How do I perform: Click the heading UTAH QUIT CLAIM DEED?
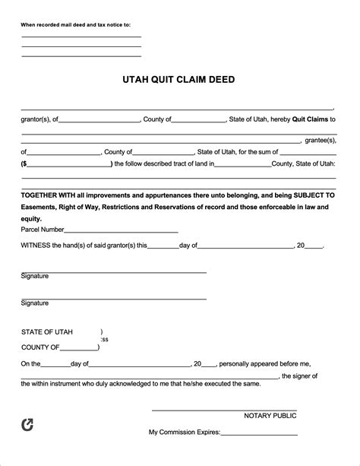179,78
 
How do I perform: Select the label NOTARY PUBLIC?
270,416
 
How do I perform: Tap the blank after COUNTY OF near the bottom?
80,347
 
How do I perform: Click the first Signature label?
35,276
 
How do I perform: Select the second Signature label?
35,303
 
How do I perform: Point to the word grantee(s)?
320,141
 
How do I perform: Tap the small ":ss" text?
105,340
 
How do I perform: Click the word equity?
32,218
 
